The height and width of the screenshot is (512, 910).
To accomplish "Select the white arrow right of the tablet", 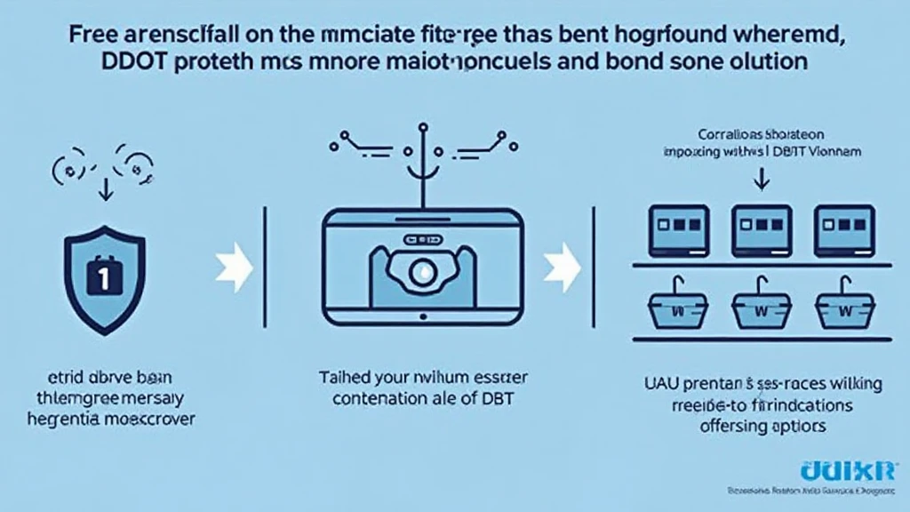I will (x=559, y=264).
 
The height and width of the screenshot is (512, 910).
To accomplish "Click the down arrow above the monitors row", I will (x=759, y=180).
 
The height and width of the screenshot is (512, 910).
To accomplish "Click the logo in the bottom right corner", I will (x=851, y=471).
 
